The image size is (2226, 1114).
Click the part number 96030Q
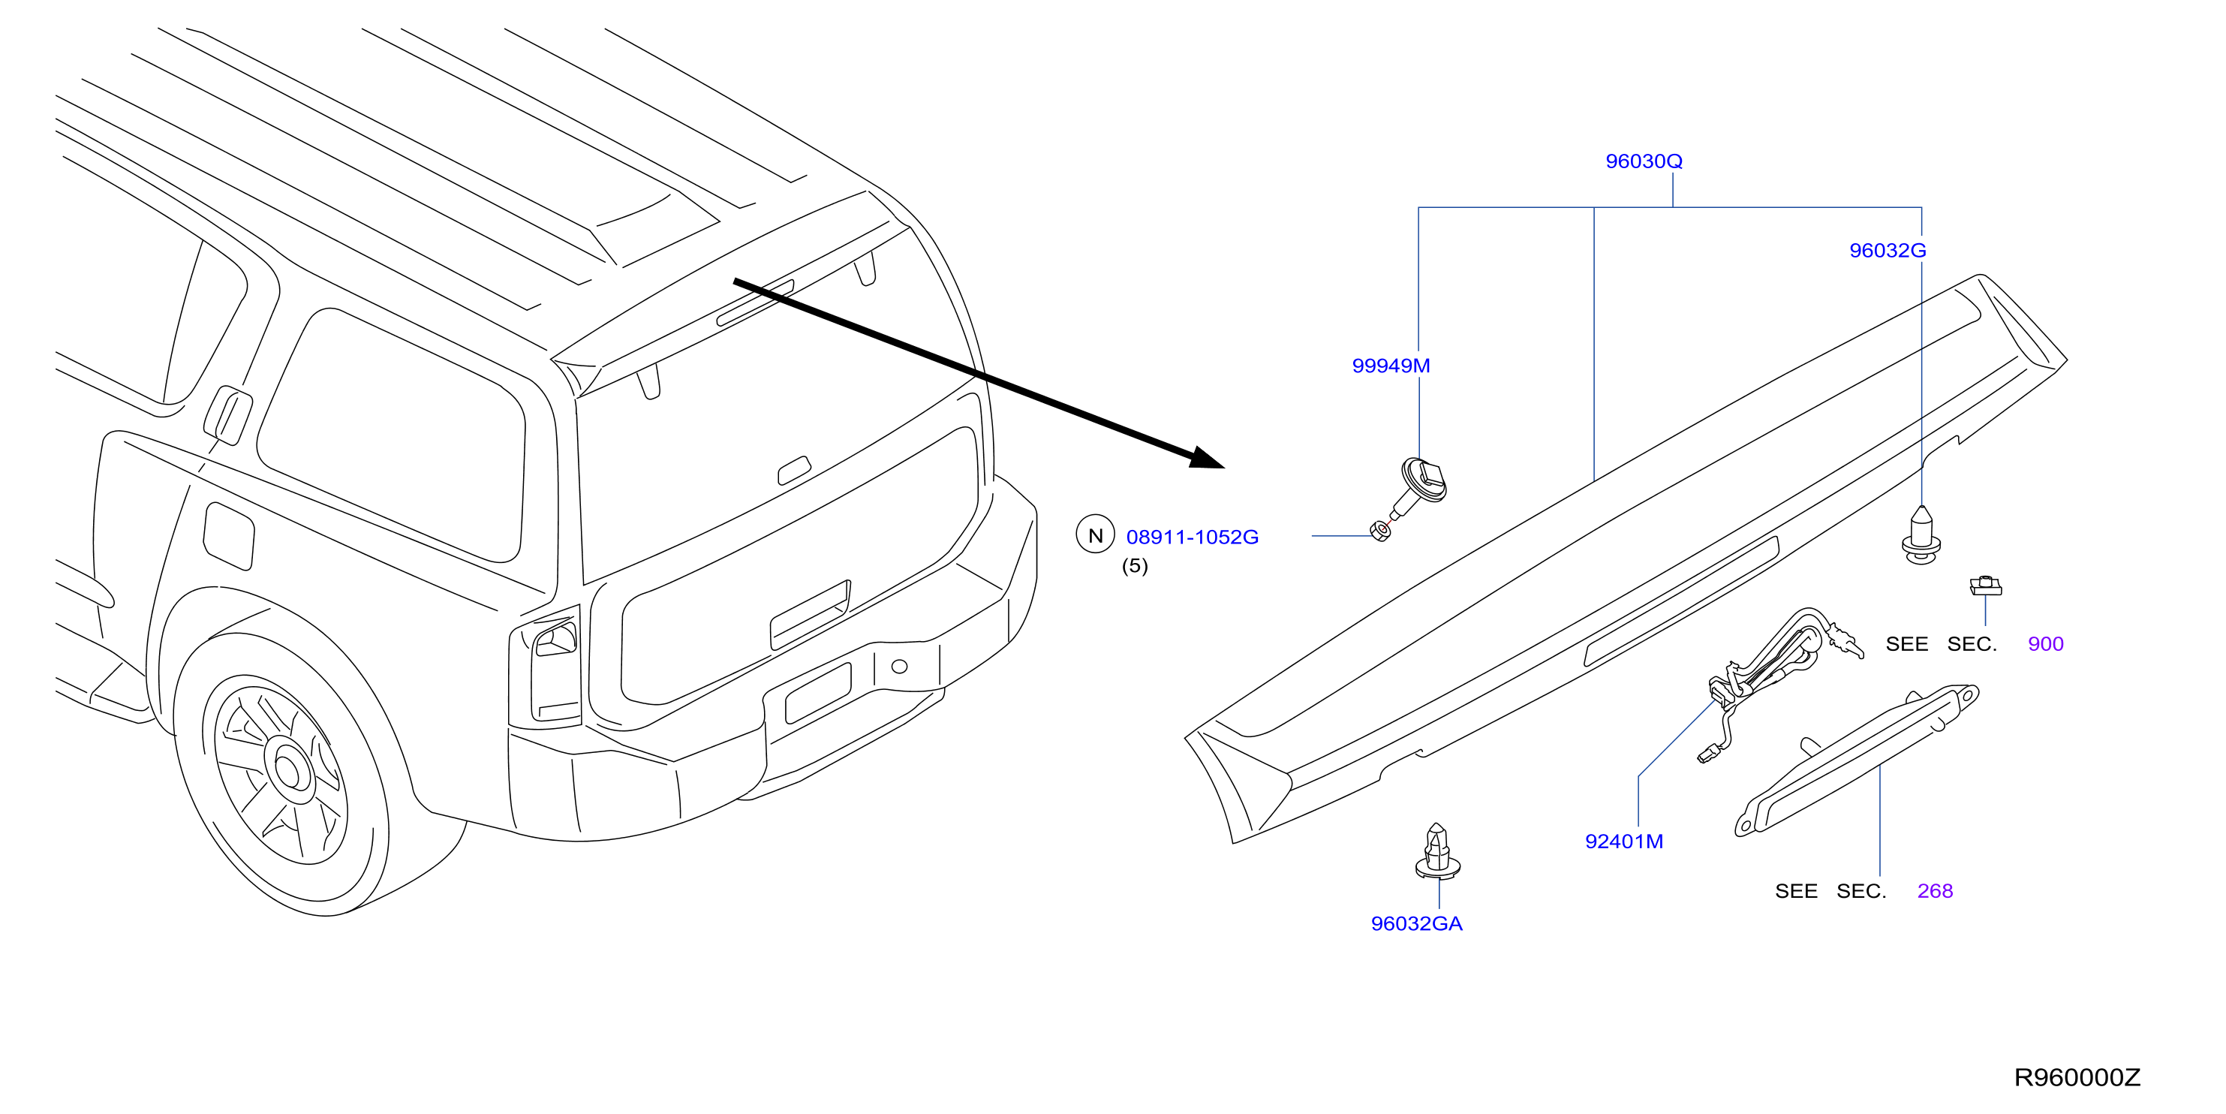point(1644,161)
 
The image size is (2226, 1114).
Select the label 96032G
point(1888,251)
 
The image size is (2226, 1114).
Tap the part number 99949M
point(1391,366)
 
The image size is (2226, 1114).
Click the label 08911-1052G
point(1192,537)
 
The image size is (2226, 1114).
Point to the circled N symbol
point(1095,535)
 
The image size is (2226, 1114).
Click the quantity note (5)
point(1135,566)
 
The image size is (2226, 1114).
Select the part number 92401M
point(1623,842)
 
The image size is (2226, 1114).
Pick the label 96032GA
point(1416,924)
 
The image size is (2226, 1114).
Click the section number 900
point(2045,644)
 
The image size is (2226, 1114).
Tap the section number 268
point(1935,891)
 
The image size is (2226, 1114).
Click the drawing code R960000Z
point(2077,1078)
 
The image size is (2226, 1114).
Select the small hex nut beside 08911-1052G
point(1380,531)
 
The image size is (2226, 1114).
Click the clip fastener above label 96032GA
point(1437,851)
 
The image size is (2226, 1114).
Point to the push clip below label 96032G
point(1921,536)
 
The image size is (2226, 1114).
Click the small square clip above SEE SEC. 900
point(1986,586)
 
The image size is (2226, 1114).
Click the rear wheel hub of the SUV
point(290,768)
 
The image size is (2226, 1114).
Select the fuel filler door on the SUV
point(229,536)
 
